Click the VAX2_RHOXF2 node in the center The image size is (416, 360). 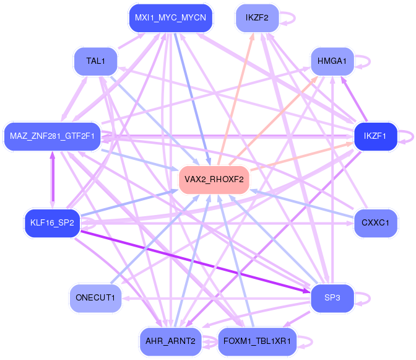click(x=214, y=180)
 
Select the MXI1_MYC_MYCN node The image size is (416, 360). click(x=171, y=18)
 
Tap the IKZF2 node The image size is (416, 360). click(x=257, y=18)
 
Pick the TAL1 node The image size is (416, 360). click(x=95, y=61)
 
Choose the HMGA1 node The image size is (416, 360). click(x=332, y=61)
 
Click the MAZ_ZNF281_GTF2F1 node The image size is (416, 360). click(x=52, y=136)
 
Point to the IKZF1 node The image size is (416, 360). click(x=375, y=136)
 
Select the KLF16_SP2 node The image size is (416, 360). click(x=52, y=222)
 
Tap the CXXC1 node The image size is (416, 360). click(x=375, y=222)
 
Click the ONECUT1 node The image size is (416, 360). click(x=95, y=298)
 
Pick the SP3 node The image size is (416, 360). click(x=332, y=298)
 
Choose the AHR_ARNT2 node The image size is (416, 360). click(x=171, y=341)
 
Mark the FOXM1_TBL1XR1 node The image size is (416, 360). click(x=257, y=341)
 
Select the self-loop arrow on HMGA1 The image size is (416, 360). click(x=370, y=61)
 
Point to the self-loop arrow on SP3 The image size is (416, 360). click(x=370, y=298)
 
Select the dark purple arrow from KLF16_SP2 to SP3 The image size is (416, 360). click(x=195, y=261)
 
